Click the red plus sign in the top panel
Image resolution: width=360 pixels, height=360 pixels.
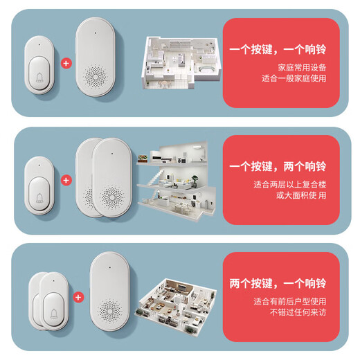tap(66, 62)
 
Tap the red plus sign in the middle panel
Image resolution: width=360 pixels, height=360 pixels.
tap(66, 180)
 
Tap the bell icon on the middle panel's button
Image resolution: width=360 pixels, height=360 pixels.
tap(39, 196)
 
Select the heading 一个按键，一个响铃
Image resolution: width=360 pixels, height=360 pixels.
tap(281, 51)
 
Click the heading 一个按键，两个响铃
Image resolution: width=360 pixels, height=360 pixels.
tap(281, 168)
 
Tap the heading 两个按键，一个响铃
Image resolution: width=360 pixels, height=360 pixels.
tap(281, 284)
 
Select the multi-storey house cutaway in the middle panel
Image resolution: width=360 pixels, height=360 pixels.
tap(177, 183)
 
